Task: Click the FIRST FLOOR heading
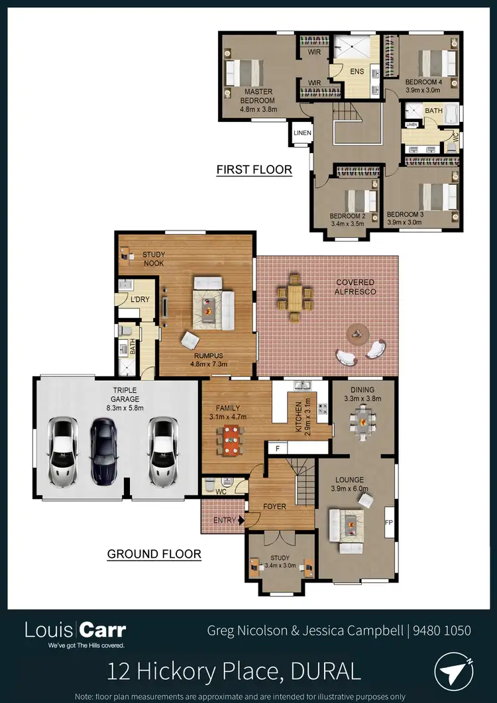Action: coord(254,170)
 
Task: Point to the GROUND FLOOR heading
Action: coord(154,554)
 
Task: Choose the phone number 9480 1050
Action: coord(443,629)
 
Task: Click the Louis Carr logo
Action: coord(75,632)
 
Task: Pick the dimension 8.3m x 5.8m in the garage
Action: coord(125,408)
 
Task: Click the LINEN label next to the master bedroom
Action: coord(303,133)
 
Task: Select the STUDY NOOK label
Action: coord(153,258)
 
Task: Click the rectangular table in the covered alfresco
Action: coord(296,297)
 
